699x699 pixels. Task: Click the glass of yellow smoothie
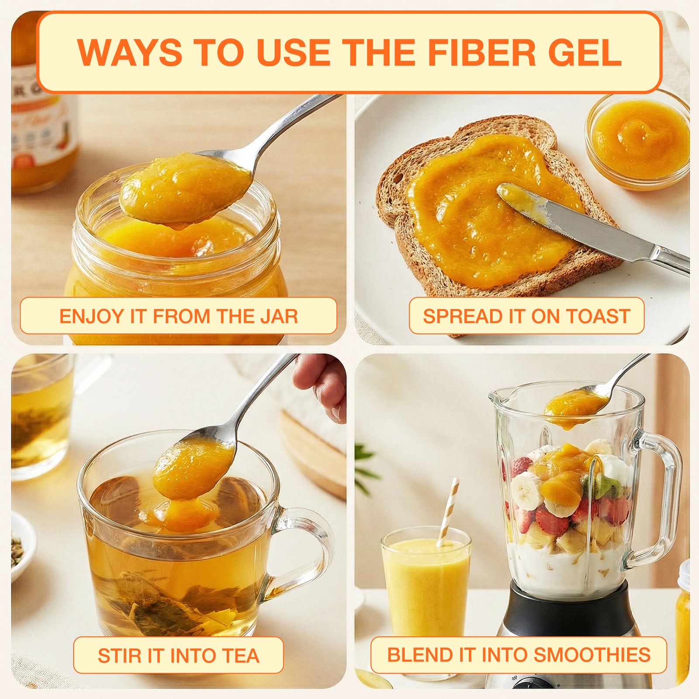426,590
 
